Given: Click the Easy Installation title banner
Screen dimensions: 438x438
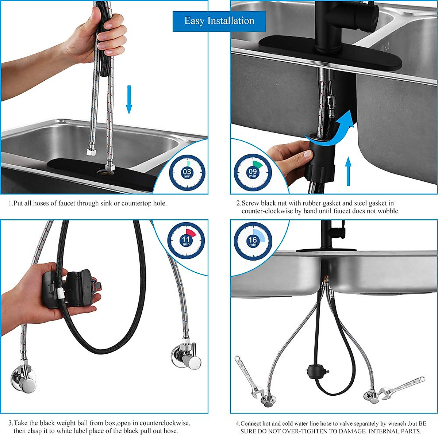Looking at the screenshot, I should click(x=219, y=21).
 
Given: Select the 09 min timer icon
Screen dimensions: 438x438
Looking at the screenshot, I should click(x=253, y=173).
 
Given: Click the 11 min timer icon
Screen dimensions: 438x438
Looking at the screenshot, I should click(x=186, y=241).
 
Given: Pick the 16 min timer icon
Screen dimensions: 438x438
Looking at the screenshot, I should click(x=253, y=241).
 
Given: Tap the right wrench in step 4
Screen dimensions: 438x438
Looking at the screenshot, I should click(x=401, y=387).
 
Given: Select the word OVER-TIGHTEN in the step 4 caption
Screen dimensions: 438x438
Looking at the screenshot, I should click(x=306, y=431).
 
